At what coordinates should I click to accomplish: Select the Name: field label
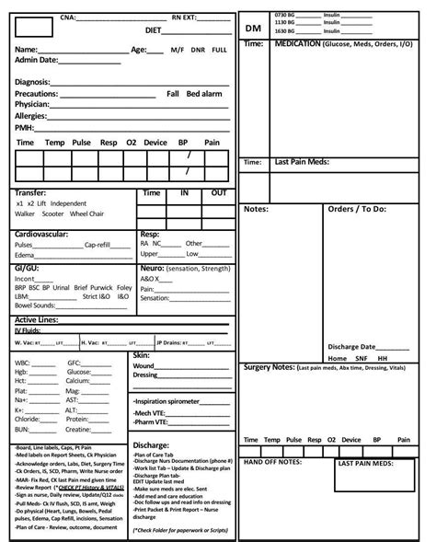[x=27, y=49]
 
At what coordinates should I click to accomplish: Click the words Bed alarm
[x=205, y=94]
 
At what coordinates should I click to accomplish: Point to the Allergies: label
[x=32, y=117]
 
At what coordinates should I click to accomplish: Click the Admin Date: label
[x=37, y=60]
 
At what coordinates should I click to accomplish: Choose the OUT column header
[x=219, y=193]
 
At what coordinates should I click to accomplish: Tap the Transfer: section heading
[x=31, y=193]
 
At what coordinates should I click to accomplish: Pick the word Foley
[x=123, y=287]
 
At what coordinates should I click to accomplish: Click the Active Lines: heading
[x=38, y=319]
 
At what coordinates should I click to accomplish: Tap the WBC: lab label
[x=23, y=363]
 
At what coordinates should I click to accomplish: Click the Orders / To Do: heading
[x=358, y=209]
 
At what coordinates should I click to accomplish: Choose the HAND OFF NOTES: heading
[x=273, y=462]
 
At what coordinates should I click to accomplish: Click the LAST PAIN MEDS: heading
[x=366, y=464]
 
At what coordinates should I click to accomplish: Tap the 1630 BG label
[x=287, y=30]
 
